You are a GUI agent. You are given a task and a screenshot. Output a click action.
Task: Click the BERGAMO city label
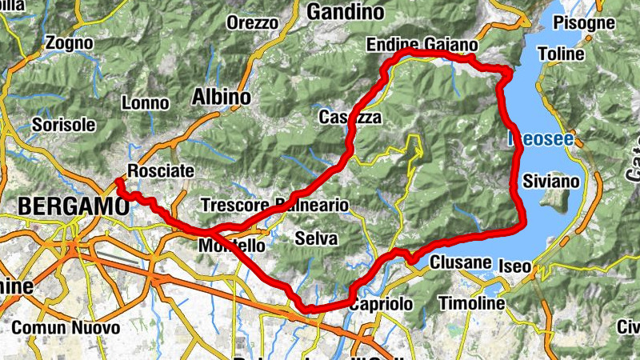[72, 206]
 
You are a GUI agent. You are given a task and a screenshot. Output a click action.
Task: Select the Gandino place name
[346, 13]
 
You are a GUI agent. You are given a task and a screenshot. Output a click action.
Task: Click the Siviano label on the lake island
[550, 182]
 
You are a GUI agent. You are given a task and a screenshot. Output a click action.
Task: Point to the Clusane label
[459, 262]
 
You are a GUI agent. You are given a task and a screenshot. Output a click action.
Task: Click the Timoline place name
[472, 304]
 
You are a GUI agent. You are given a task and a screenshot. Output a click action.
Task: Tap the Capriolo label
[381, 305]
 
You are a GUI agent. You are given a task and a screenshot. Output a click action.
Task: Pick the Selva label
[316, 238]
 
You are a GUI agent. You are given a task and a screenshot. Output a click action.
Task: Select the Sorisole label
[64, 125]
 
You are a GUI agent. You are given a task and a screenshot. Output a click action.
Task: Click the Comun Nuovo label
[66, 328]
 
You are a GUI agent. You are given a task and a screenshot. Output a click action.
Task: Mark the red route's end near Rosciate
[118, 182]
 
